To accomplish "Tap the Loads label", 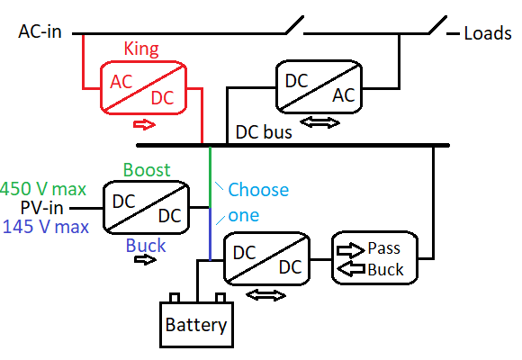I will pyautogui.click(x=487, y=34).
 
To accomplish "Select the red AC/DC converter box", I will pyautogui.click(x=142, y=88).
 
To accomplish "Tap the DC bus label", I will pyautogui.click(x=264, y=131).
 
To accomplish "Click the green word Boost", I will pyautogui.click(x=147, y=170).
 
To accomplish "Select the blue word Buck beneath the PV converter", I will pyautogui.click(x=145, y=244).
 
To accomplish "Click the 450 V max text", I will pyautogui.click(x=43, y=189).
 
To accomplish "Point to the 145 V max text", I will pyautogui.click(x=45, y=227).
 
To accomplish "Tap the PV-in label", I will pyautogui.click(x=43, y=208).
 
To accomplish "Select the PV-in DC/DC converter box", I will pyautogui.click(x=146, y=207).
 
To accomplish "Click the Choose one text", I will pyautogui.click(x=257, y=202).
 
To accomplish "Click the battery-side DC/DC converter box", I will pyautogui.click(x=265, y=259).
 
